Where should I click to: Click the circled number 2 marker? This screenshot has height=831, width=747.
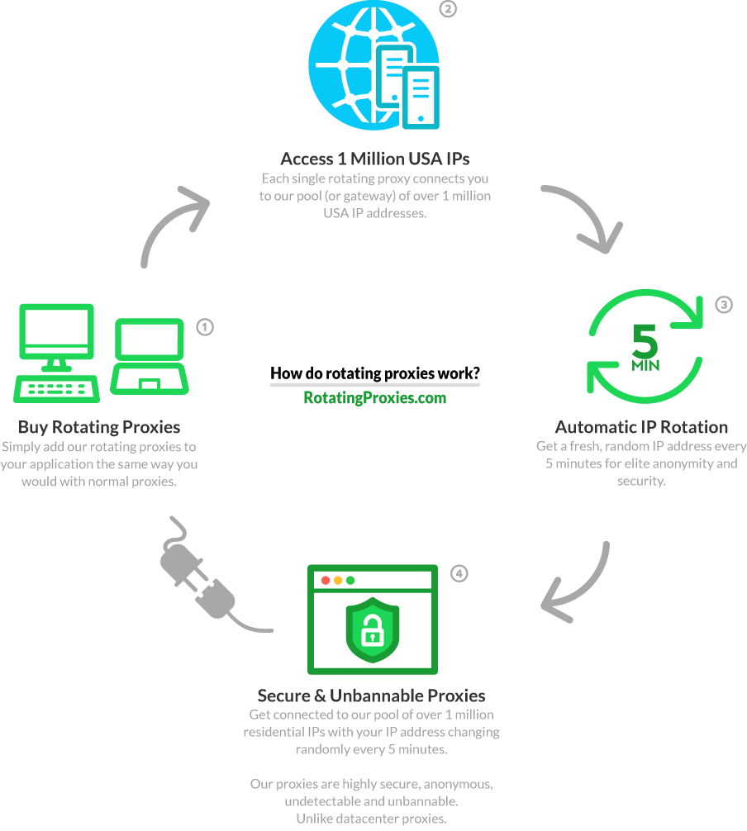[448, 8]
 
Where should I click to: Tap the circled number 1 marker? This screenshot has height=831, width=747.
[205, 327]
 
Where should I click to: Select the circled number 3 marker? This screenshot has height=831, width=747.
[724, 305]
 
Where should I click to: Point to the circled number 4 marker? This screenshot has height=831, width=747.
[459, 573]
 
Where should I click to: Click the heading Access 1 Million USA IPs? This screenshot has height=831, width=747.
[375, 159]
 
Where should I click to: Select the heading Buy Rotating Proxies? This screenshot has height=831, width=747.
[99, 427]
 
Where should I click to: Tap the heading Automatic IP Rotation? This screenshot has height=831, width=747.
[641, 427]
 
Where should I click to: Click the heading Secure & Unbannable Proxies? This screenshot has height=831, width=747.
[372, 696]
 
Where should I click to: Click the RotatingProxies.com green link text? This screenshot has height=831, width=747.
[375, 398]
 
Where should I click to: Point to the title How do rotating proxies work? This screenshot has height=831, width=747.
[375, 373]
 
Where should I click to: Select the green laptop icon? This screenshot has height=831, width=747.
[150, 356]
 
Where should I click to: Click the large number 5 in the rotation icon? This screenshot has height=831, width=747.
[645, 341]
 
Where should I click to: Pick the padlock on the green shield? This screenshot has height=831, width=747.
[372, 630]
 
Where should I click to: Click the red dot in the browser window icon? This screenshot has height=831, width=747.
[326, 581]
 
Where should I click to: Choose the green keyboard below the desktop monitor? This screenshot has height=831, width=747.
[57, 389]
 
